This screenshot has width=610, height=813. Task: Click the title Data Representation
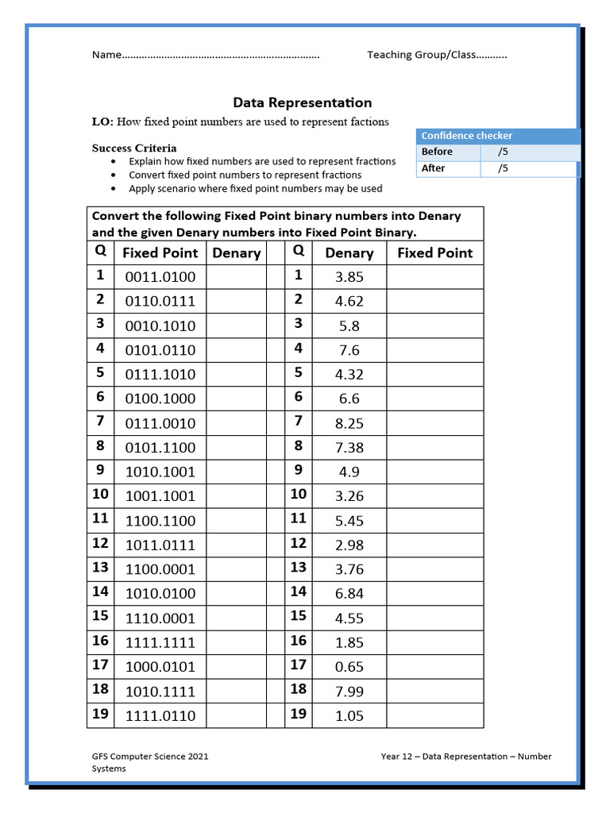click(302, 102)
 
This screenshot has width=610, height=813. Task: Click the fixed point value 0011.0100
click(160, 277)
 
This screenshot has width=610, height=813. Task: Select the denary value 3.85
click(349, 277)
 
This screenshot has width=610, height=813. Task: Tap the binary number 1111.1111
click(160, 642)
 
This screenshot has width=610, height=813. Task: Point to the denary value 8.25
click(349, 423)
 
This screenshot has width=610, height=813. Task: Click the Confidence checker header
click(466, 136)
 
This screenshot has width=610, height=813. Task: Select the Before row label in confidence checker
click(437, 152)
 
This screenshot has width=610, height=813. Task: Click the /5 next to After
click(502, 168)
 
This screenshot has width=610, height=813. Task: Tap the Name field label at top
click(106, 55)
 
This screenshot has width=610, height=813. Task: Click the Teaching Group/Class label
click(420, 55)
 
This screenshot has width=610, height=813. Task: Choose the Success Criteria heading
click(134, 148)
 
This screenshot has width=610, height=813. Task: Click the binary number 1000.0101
click(160, 667)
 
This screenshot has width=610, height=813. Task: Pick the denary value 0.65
click(349, 667)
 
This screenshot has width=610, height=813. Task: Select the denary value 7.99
click(349, 692)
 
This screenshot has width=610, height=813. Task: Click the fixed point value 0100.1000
click(160, 399)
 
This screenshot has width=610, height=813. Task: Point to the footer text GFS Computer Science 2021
click(150, 757)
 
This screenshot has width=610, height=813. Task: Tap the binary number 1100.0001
click(160, 569)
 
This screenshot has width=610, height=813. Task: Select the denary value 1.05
click(349, 715)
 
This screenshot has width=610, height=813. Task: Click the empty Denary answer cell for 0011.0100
click(236, 277)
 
